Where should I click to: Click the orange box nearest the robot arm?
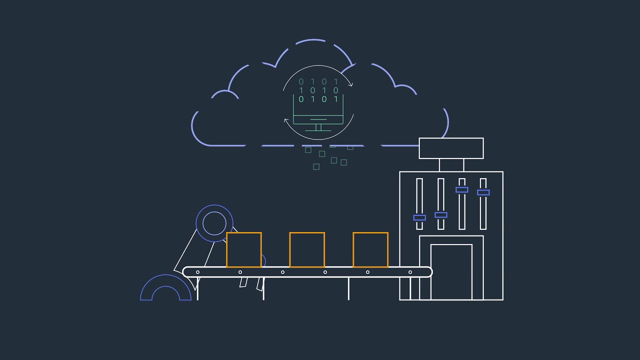point(244,249)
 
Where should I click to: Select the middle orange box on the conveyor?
point(307,249)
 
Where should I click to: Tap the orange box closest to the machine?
point(370,249)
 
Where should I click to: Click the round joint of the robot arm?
point(214,223)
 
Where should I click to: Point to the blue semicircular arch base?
point(165,289)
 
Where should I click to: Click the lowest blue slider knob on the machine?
point(419,217)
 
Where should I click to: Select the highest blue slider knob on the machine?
point(462,190)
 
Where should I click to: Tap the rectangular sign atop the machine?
point(451,148)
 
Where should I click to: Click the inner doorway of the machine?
point(451,272)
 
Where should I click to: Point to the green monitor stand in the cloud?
point(318,126)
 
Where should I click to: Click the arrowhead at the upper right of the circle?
point(350,84)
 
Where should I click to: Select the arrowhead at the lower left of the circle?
point(286,120)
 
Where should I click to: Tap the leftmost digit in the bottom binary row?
point(301,99)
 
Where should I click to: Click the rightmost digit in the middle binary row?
point(336,90)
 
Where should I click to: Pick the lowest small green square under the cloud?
point(316,166)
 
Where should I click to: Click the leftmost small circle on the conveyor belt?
point(197,272)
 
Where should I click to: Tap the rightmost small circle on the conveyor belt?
point(410,272)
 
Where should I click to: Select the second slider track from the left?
point(440,204)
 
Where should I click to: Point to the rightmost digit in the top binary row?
point(336,81)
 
